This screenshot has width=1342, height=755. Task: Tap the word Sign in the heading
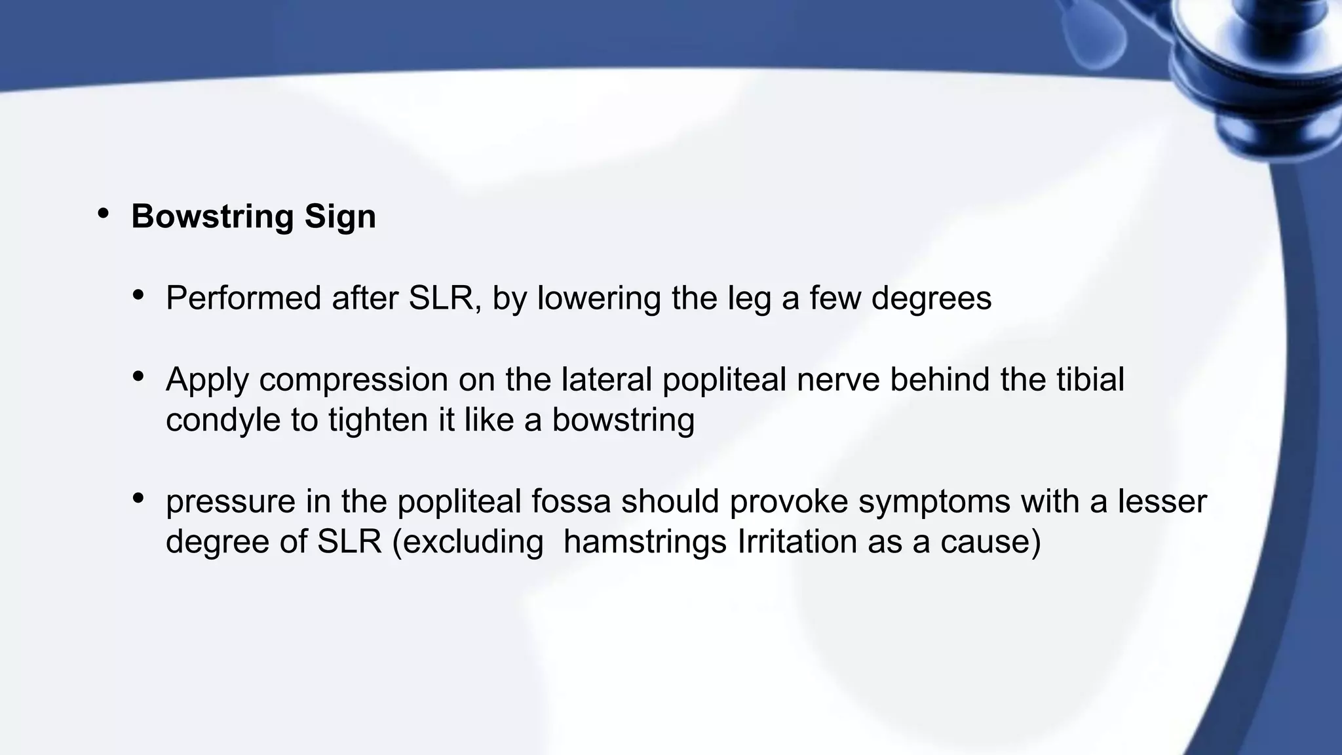(340, 217)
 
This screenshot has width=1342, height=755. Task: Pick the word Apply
(207, 380)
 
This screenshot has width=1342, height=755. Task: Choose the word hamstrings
(645, 542)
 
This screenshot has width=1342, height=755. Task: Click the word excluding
(468, 542)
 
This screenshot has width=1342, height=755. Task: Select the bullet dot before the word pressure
(138, 498)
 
